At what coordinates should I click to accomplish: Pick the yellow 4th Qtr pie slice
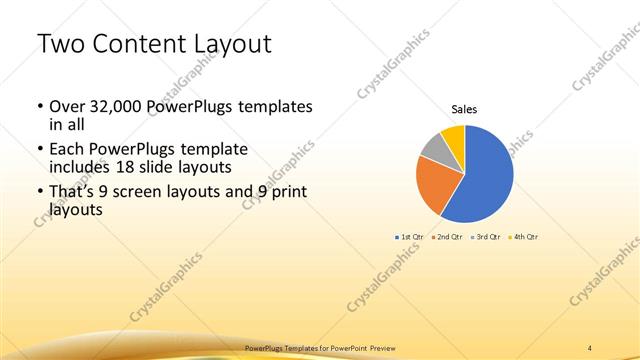click(x=452, y=136)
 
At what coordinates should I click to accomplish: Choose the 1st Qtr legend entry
click(x=411, y=237)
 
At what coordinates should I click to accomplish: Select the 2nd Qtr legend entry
click(x=448, y=237)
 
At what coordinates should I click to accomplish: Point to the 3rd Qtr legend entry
click(x=487, y=237)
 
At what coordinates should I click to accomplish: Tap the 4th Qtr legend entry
click(x=525, y=237)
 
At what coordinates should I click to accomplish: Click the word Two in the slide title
click(x=61, y=44)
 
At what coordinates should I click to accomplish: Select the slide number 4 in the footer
click(x=590, y=348)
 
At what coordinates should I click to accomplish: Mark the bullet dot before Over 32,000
click(x=38, y=106)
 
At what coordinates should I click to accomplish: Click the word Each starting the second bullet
click(x=66, y=149)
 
